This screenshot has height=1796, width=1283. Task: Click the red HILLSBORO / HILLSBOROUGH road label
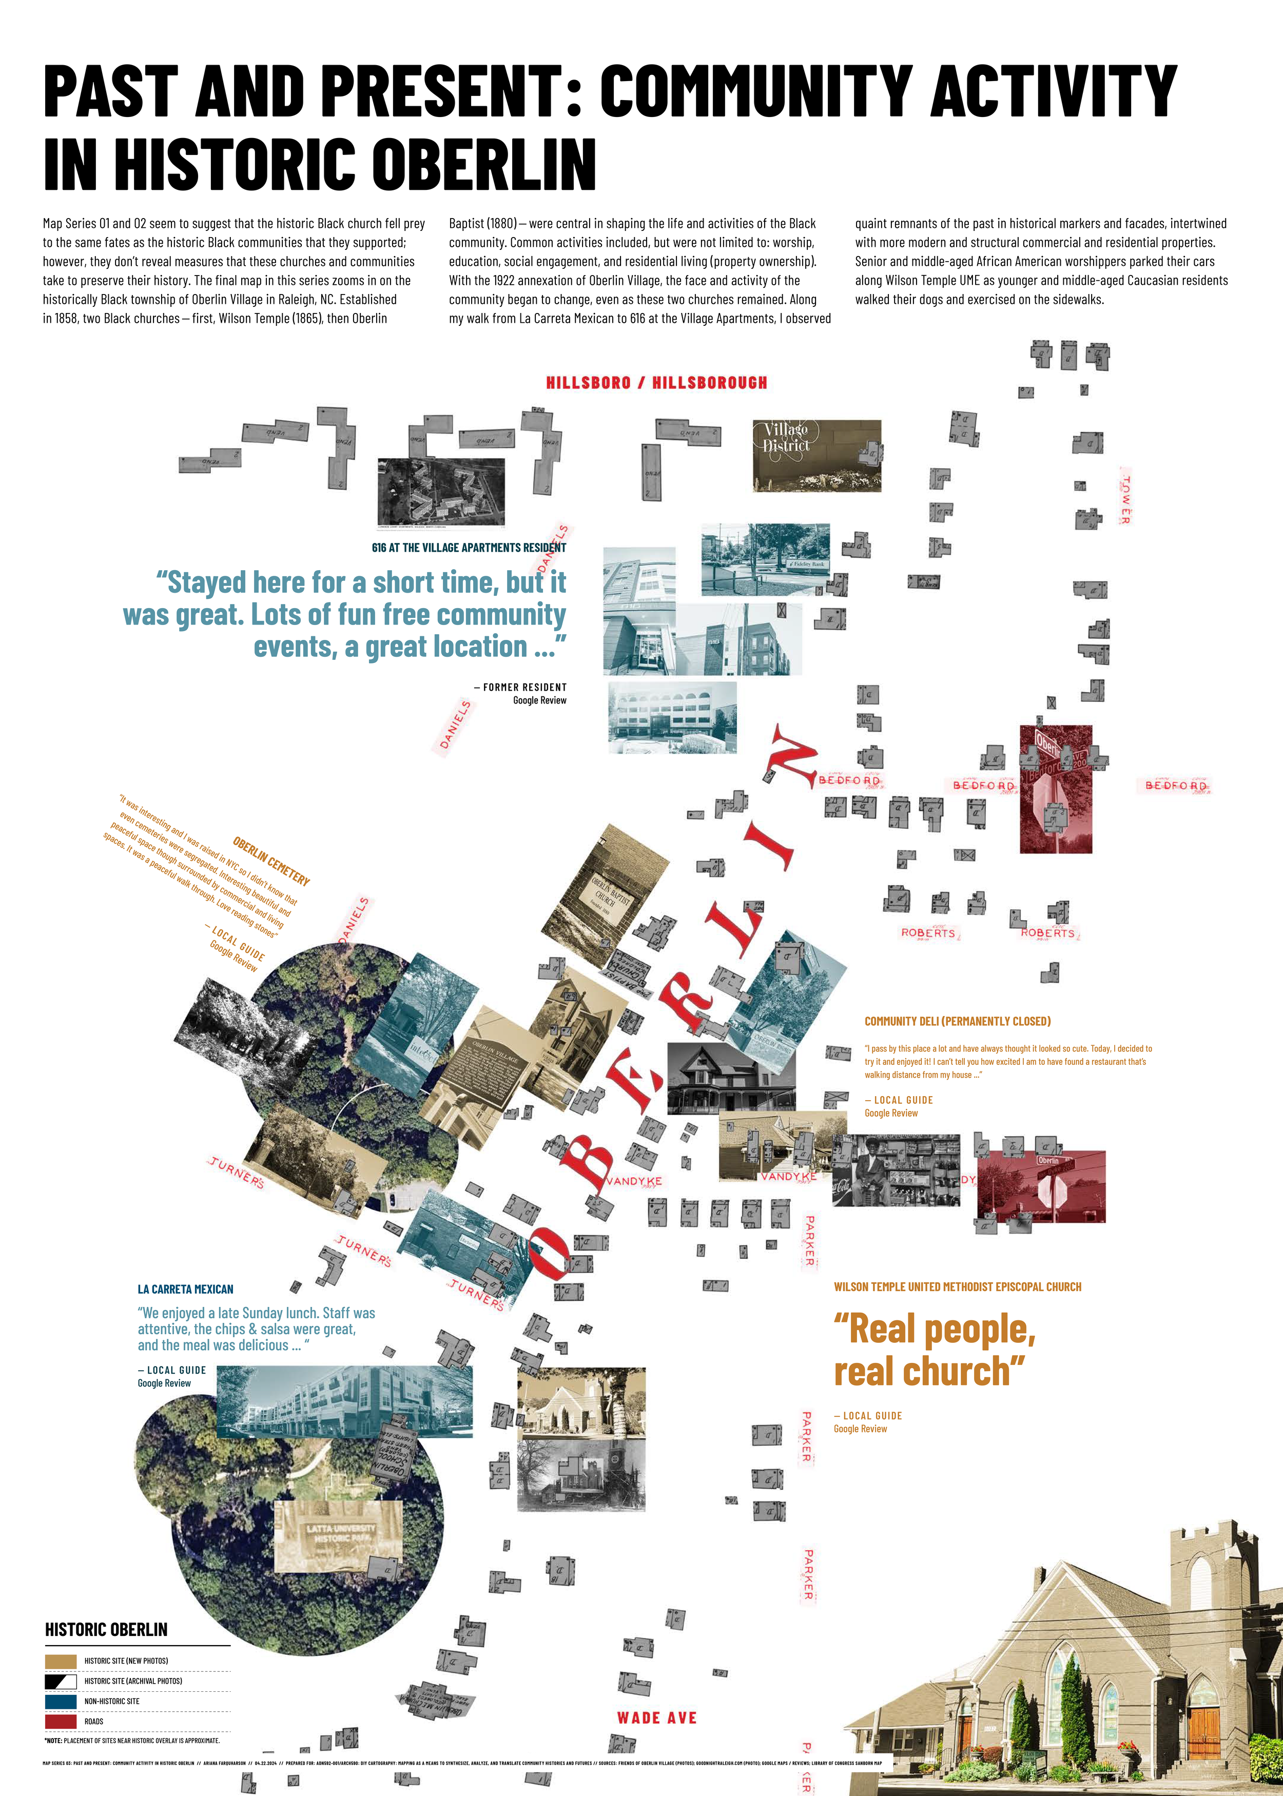pyautogui.click(x=656, y=383)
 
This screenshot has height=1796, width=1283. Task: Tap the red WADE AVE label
pyautogui.click(x=656, y=1718)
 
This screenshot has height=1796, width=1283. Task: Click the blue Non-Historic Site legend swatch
pyautogui.click(x=61, y=1701)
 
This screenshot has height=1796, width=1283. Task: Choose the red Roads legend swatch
pyautogui.click(x=61, y=1721)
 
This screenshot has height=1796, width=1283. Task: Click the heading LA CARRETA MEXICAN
pyautogui.click(x=186, y=1289)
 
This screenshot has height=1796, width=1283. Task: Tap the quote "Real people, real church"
pyautogui.click(x=934, y=1350)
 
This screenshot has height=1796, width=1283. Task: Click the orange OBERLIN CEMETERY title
pyautogui.click(x=271, y=861)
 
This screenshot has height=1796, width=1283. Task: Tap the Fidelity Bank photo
pyautogui.click(x=765, y=559)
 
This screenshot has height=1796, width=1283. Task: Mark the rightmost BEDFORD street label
pyautogui.click(x=1176, y=786)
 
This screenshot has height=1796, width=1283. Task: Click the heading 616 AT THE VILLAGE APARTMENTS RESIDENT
pyautogui.click(x=469, y=548)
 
